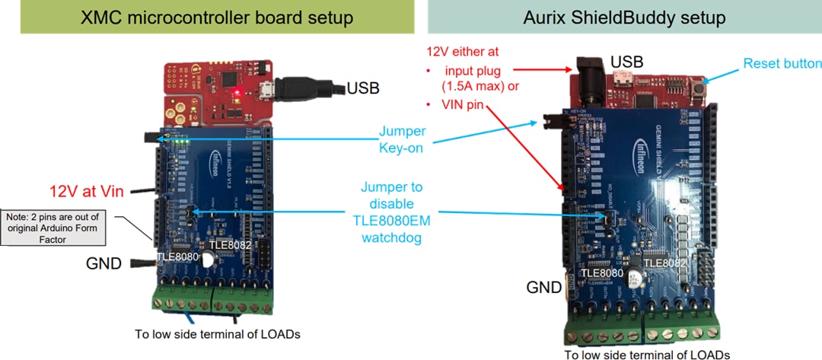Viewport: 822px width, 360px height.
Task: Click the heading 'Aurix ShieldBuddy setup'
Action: [x=625, y=18]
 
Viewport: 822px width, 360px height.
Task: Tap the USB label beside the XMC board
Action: [x=364, y=88]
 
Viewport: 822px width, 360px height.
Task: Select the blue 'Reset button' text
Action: [x=782, y=64]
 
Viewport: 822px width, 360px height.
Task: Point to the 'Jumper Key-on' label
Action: [x=401, y=140]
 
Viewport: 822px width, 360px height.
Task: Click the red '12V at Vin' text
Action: [x=88, y=191]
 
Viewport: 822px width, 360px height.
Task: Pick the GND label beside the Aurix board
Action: [x=544, y=287]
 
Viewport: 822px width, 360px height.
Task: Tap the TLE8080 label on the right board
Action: [x=601, y=272]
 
